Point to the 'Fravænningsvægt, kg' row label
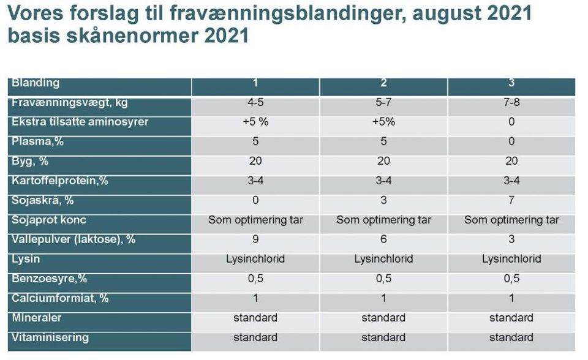[x=70, y=102]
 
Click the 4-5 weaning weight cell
[x=255, y=102]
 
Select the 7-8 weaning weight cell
[x=511, y=102]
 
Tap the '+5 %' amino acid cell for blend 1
[x=255, y=122]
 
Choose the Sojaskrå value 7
[x=511, y=200]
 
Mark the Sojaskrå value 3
[x=383, y=200]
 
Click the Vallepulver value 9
[x=255, y=239]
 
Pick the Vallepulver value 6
[x=383, y=239]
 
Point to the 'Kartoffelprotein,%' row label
[x=60, y=181]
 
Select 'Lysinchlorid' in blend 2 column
[x=383, y=259]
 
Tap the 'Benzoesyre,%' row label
[x=50, y=279]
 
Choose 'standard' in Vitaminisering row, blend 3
[x=511, y=337]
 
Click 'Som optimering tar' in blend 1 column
[x=255, y=220]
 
